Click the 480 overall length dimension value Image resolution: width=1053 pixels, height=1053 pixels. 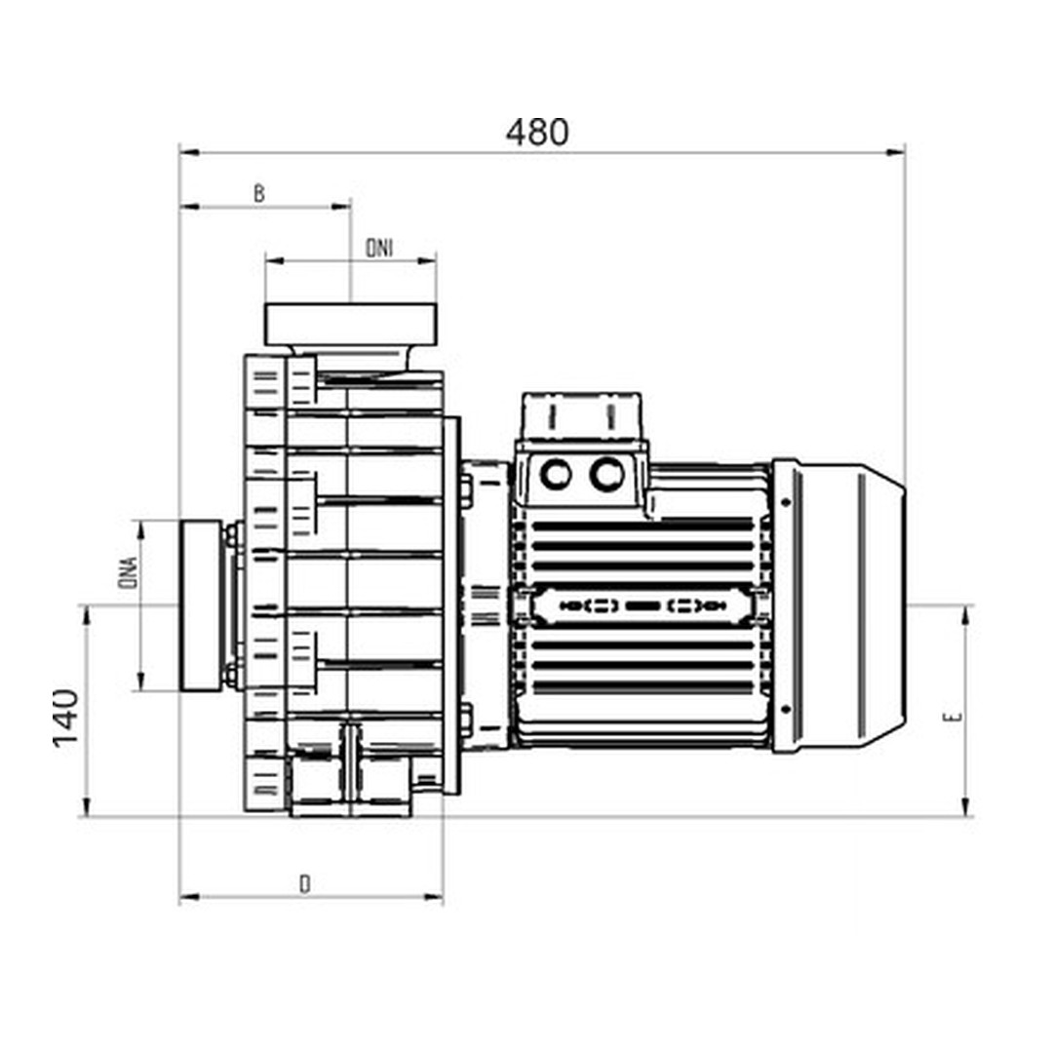click(x=536, y=132)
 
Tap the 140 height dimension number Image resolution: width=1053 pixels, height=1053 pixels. click(x=65, y=718)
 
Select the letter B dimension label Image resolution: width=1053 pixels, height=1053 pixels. click(x=259, y=194)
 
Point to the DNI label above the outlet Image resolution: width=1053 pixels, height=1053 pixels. click(x=379, y=249)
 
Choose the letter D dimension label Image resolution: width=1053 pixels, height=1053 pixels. click(x=305, y=884)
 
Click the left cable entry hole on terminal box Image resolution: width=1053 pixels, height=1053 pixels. click(x=556, y=475)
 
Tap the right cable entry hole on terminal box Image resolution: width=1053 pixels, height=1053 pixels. click(x=607, y=475)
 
